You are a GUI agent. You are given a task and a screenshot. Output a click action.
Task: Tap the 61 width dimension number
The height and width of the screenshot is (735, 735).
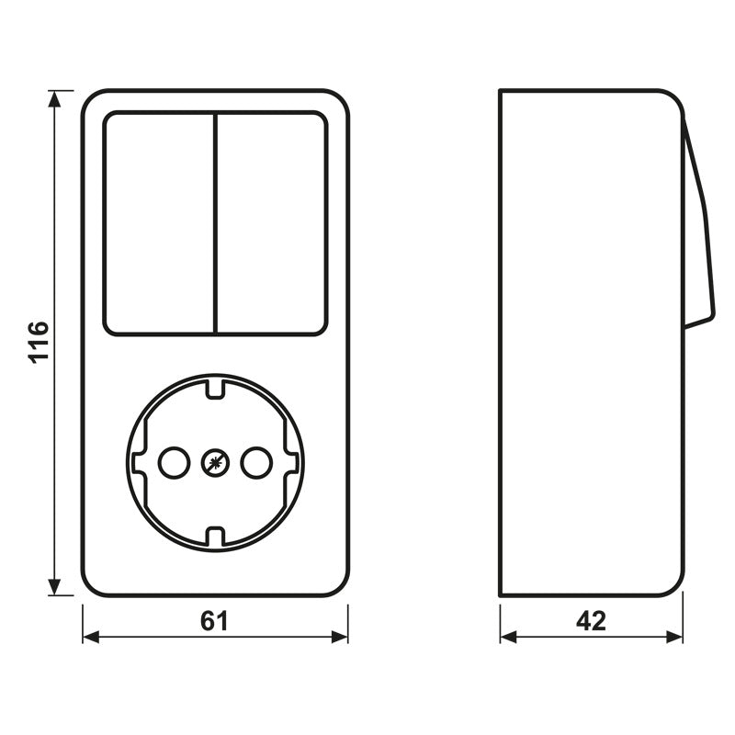(214, 621)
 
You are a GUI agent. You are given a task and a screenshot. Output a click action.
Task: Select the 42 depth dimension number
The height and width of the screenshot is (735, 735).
(592, 621)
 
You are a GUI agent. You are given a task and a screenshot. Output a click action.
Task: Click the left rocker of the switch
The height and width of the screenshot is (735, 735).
(159, 223)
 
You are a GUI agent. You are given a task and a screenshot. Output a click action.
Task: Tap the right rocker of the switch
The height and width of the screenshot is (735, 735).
(271, 223)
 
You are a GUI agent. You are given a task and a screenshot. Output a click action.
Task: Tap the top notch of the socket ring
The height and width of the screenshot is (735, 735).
(215, 385)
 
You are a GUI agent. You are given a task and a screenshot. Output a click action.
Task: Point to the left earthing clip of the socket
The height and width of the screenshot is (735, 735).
(137, 461)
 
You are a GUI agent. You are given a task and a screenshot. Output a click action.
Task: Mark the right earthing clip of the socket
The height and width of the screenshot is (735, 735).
(293, 461)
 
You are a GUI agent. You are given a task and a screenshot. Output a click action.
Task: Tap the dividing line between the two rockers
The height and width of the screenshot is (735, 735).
(215, 223)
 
